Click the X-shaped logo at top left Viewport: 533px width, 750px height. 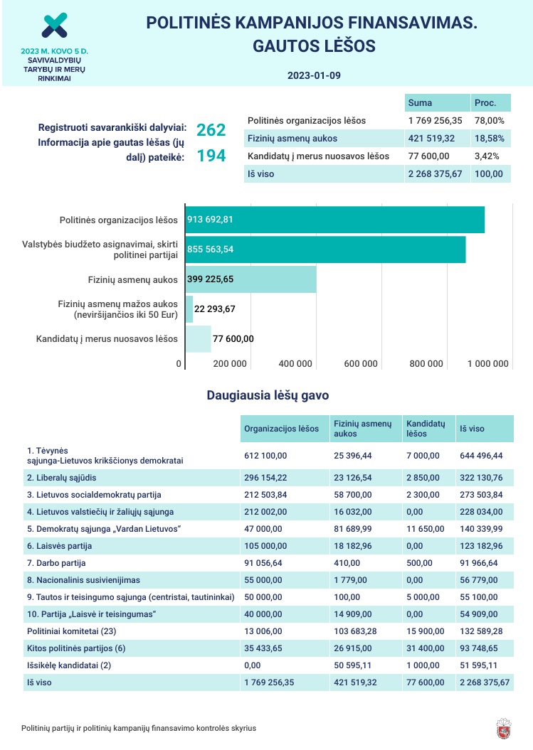pos(54,25)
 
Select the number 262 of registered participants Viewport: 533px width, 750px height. pos(211,129)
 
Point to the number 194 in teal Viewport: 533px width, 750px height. pos(211,156)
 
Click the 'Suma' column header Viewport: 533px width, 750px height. pos(420,102)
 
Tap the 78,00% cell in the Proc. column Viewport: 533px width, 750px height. pos(490,121)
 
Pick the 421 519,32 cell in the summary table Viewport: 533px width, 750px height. pos(436,139)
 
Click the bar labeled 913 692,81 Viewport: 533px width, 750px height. pos(334,220)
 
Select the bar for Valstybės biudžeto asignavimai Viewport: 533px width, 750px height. pos(325,250)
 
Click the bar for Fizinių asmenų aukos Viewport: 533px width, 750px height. pos(250,279)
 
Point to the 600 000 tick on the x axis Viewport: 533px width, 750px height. pos(361,364)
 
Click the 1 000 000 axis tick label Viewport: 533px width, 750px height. pos(487,364)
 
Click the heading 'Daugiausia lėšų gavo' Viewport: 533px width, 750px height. pos(268,395)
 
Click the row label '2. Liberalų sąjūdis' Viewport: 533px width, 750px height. pos(62,477)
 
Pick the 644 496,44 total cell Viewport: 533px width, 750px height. pos(481,456)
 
